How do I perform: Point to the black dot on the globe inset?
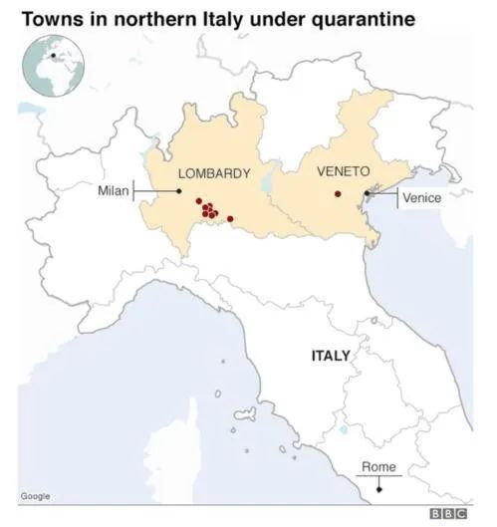point(52,57)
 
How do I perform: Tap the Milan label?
point(113,190)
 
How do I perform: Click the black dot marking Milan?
point(179,190)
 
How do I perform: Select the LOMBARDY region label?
point(213,173)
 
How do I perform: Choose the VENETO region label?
point(343,171)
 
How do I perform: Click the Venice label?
point(421,197)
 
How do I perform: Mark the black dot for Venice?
point(368,193)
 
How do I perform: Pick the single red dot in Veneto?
point(338,194)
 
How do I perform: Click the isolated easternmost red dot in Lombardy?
point(230,218)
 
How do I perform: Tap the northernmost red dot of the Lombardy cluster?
point(198,201)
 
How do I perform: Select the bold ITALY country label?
point(331,355)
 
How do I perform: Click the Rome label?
point(378,466)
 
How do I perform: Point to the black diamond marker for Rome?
point(378,488)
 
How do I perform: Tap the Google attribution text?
point(35,495)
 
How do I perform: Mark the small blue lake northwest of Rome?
point(344,430)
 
